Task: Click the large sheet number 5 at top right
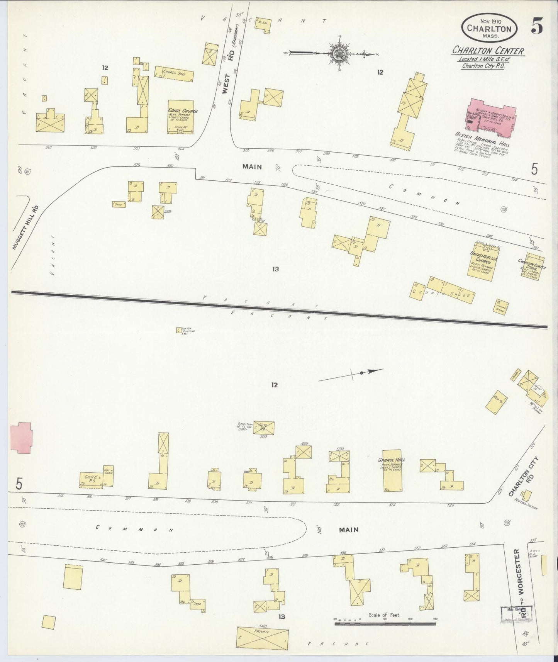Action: (x=537, y=26)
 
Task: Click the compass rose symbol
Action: (x=338, y=54)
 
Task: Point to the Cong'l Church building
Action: (x=180, y=117)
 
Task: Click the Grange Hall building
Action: (x=392, y=470)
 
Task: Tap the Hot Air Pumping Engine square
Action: (x=179, y=330)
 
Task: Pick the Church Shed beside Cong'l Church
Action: (x=174, y=73)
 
